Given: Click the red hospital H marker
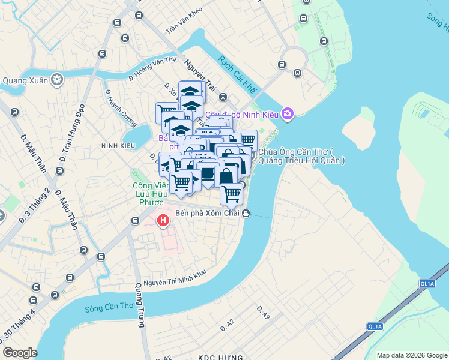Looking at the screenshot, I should [163, 221].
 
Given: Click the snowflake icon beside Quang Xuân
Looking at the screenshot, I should [58, 79].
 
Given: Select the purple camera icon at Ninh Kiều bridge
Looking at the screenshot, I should [288, 113].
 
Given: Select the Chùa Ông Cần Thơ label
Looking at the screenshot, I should [301, 156].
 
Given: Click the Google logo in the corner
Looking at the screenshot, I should [20, 353].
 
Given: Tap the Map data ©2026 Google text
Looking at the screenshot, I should [411, 355].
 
